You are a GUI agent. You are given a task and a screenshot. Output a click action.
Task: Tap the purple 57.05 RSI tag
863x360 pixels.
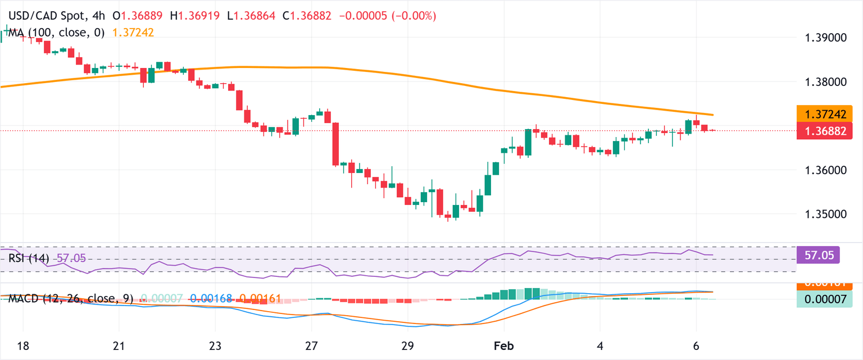pyautogui.click(x=818, y=255)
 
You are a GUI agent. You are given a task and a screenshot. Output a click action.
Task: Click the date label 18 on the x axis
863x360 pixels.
pyautogui.click(x=24, y=345)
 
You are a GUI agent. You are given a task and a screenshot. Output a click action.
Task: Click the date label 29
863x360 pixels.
pyautogui.click(x=408, y=345)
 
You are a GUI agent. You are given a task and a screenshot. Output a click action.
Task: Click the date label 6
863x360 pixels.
pyautogui.click(x=696, y=345)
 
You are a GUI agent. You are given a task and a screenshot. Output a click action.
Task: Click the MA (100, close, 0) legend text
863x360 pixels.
pyautogui.click(x=56, y=33)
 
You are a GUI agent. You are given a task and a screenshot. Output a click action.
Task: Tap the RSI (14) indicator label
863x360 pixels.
pyautogui.click(x=28, y=258)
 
